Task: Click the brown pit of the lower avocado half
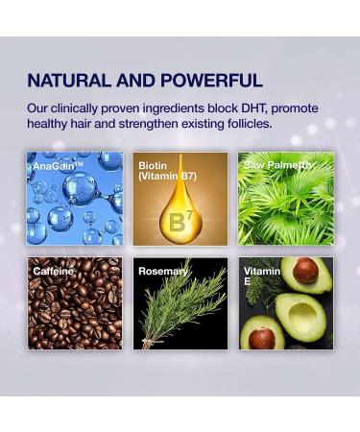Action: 262,338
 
